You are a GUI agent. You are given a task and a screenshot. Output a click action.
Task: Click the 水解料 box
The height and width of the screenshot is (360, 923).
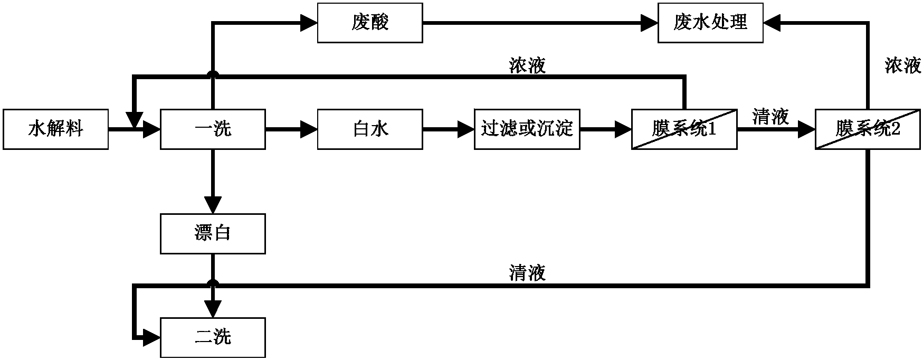pos(55,129)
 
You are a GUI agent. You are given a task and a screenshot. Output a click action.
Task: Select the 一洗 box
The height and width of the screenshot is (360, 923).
pos(213,129)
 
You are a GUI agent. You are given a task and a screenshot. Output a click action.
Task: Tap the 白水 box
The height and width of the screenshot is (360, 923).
pos(369,129)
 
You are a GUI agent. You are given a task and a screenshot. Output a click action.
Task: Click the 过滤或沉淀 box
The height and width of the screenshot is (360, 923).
pos(527,129)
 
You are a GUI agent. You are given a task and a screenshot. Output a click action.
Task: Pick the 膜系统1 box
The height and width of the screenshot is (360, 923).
pos(684,129)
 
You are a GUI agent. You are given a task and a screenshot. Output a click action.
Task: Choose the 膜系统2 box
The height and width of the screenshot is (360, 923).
pos(868,129)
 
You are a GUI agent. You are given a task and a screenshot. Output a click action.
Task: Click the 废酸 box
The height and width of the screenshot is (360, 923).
pos(369,23)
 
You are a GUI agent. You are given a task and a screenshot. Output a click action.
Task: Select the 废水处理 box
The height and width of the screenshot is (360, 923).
pos(710,23)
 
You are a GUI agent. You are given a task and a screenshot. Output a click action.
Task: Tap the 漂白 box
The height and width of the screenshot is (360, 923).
pos(213,233)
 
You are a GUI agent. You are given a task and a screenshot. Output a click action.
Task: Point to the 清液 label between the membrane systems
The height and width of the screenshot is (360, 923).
pos(770,117)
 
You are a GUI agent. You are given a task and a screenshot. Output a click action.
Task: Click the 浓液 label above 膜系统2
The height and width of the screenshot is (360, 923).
pos(903,66)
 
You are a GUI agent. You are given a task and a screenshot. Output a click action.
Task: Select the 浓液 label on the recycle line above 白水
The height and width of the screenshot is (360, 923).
pos(527,66)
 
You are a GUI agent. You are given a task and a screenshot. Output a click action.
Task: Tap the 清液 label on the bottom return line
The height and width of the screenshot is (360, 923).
pos(527,273)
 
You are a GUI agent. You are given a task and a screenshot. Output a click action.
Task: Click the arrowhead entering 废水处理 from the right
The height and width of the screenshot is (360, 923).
pos(772,23)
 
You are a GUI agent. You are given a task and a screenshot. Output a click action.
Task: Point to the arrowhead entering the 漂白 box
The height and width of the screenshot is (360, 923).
pos(213,206)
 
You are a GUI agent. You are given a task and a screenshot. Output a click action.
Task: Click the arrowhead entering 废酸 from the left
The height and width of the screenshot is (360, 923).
pos(309,23)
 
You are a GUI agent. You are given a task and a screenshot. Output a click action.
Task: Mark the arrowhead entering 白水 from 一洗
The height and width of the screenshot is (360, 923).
pos(309,129)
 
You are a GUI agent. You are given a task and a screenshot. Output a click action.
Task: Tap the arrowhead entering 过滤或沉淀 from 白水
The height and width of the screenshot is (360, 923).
pos(466,129)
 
